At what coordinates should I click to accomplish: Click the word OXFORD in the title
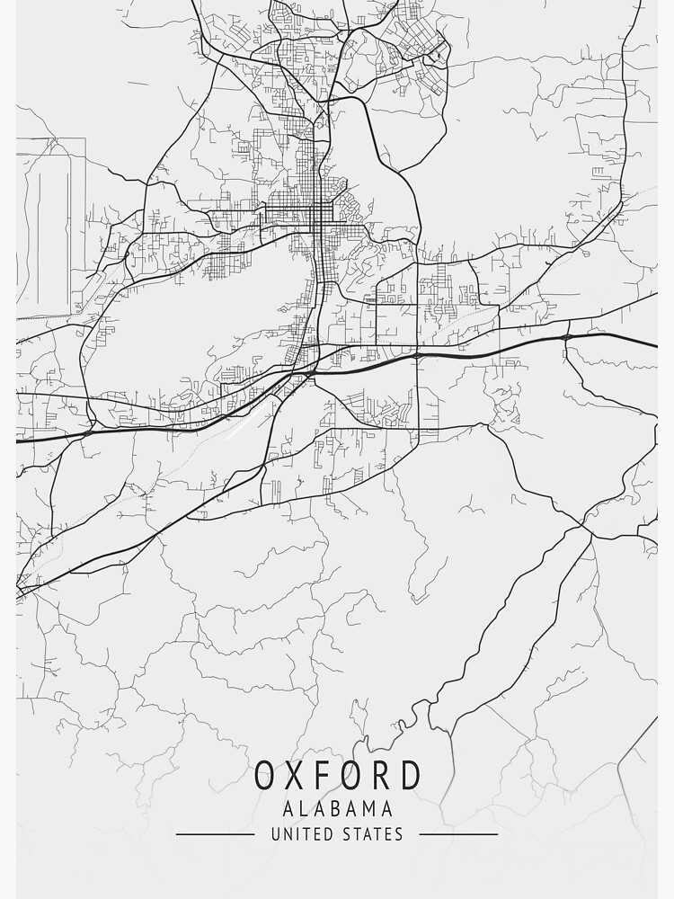point(337,776)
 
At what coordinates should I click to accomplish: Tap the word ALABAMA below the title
point(337,809)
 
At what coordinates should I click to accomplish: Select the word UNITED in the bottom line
point(301,834)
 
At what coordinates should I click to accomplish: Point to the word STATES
point(372,834)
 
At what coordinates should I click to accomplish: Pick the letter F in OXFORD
point(333,776)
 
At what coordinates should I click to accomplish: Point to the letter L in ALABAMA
point(300,809)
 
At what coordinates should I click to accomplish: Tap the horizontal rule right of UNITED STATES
point(458,834)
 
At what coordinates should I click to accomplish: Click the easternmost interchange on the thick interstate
point(565,337)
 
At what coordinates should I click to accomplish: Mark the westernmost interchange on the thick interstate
point(87,432)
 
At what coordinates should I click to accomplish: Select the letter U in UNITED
point(275,834)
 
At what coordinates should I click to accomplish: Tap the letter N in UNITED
point(287,834)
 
